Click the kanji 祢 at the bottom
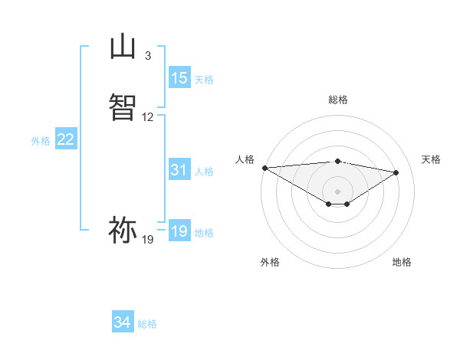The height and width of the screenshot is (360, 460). (123, 229)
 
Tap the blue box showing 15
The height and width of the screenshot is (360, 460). (179, 78)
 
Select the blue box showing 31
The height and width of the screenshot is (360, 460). (179, 171)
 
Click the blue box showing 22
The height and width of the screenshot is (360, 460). (66, 139)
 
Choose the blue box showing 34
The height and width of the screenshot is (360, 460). (123, 322)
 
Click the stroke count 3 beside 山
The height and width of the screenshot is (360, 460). (148, 56)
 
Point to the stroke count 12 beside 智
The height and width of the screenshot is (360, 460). (148, 117)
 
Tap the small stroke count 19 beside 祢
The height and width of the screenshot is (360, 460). (148, 240)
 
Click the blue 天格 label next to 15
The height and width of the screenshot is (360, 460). (204, 80)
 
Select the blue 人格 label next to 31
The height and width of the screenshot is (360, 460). (204, 172)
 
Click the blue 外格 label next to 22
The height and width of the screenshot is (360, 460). (41, 141)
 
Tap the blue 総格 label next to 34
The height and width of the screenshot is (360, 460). (147, 324)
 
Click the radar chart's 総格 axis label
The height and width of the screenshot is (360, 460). (337, 100)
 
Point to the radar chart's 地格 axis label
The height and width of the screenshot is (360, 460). (402, 262)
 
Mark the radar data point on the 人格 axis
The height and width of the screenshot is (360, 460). (264, 168)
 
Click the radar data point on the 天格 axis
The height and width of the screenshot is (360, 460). (396, 172)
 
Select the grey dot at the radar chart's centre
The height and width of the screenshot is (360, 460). (337, 191)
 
